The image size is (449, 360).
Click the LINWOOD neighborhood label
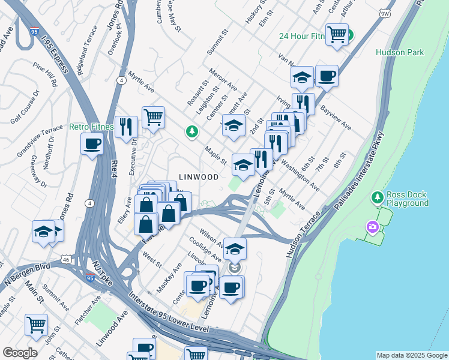click(x=198, y=177)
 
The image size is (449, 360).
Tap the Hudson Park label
click(x=400, y=52)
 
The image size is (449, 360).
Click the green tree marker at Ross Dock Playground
click(x=377, y=197)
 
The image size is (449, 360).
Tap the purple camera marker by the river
click(x=373, y=226)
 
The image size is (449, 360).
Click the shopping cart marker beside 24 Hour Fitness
click(x=337, y=34)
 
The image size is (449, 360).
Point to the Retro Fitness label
click(x=91, y=127)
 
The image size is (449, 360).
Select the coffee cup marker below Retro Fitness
click(x=92, y=144)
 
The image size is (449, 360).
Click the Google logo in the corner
click(x=20, y=352)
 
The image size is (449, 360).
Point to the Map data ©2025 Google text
click(x=411, y=355)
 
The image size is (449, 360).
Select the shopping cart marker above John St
click(x=36, y=325)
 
